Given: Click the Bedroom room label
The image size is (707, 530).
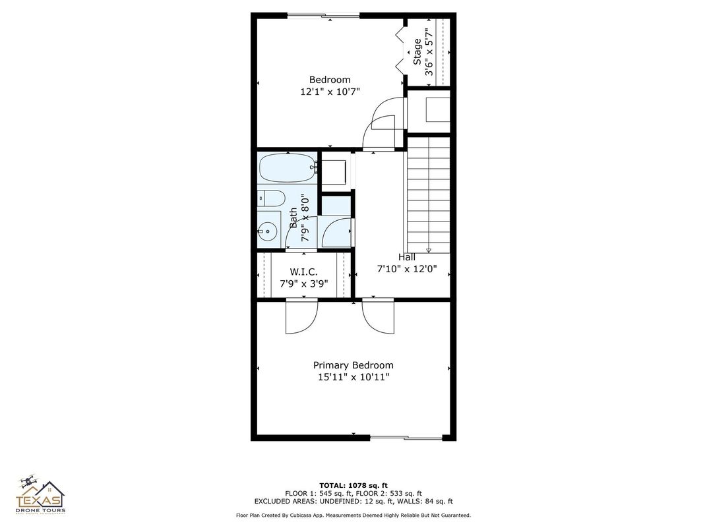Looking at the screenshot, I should tap(330, 80).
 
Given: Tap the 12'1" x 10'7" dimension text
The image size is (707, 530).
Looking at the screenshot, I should tap(330, 92).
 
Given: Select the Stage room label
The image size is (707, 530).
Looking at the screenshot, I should tap(417, 52).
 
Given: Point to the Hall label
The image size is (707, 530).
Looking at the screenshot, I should tap(407, 257).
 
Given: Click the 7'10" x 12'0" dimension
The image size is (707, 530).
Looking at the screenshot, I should tap(407, 269).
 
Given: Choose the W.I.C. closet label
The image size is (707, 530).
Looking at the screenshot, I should tap(304, 272).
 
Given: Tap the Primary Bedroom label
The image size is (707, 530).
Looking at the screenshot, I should tap(353, 365).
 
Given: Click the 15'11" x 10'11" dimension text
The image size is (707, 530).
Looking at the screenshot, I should tap(353, 377).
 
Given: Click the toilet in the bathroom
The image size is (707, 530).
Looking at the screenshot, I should tap(271, 197).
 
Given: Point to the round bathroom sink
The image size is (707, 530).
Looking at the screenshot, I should tap(268, 230).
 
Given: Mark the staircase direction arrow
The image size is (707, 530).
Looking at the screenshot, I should tap(429, 250).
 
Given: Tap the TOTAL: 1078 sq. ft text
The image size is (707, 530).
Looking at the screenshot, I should tap(353, 485).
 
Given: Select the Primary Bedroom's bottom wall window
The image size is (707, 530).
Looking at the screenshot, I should tap(406, 437).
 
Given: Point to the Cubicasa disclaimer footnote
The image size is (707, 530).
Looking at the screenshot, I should tap(353, 515).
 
